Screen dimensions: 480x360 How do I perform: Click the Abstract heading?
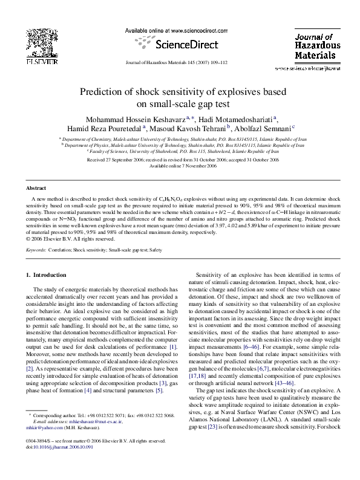tap(36, 189)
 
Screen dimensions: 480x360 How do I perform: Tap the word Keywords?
tap(38, 248)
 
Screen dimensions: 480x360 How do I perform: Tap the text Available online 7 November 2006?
tap(180, 166)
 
